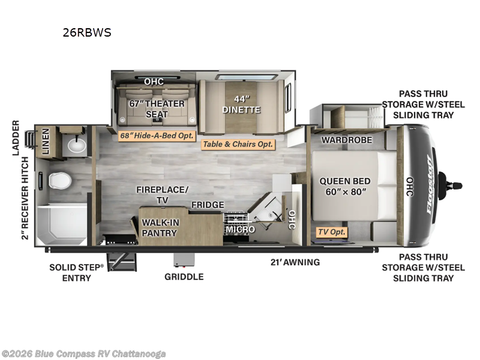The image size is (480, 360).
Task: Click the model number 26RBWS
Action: [87, 32]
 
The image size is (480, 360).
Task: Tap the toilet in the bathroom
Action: [59, 181]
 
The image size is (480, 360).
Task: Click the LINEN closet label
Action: [46, 141]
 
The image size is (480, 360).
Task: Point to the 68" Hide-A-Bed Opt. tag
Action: [157, 136]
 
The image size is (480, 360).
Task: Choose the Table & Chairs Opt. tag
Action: [238, 144]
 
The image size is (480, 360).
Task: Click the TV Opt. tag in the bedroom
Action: [332, 232]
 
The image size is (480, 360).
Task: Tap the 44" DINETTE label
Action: [241, 104]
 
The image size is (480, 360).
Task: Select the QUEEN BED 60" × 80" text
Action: [345, 186]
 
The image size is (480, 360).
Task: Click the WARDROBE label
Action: [347, 140]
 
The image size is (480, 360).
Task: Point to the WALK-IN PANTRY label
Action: [160, 227]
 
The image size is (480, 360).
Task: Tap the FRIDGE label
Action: [208, 205]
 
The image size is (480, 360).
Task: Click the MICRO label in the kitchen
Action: [241, 229]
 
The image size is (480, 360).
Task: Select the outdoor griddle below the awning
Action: [184, 260]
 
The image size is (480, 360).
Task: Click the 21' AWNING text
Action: [295, 262]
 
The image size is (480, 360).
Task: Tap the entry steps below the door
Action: [121, 262]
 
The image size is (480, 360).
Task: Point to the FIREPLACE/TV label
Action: [162, 194]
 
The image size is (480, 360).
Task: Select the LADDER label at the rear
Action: [16, 138]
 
